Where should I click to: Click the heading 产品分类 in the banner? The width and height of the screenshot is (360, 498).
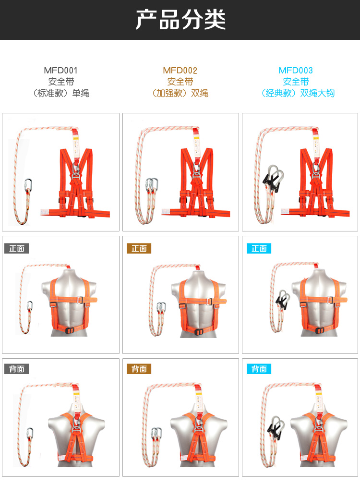pyautogui.click(x=180, y=20)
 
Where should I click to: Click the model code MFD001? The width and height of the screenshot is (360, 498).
pyautogui.click(x=60, y=70)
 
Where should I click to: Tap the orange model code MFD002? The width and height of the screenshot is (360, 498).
pyautogui.click(x=180, y=70)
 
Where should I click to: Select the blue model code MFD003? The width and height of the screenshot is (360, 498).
pyautogui.click(x=296, y=70)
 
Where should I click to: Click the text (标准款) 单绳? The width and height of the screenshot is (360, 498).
pyautogui.click(x=60, y=93)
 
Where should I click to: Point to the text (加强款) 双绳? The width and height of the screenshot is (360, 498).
pyautogui.click(x=180, y=93)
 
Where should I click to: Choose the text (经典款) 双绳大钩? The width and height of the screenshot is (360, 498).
pyautogui.click(x=298, y=93)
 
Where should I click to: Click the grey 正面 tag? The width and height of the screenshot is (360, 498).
pyautogui.click(x=16, y=248)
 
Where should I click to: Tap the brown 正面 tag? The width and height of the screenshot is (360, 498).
pyautogui.click(x=139, y=248)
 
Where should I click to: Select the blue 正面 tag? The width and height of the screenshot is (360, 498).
pyautogui.click(x=259, y=248)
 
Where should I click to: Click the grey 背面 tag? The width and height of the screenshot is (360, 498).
pyautogui.click(x=16, y=369)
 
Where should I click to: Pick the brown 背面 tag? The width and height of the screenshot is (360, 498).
pyautogui.click(x=139, y=369)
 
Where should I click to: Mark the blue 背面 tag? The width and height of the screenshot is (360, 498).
pyautogui.click(x=259, y=369)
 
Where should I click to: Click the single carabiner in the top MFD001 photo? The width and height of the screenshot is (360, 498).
pyautogui.click(x=28, y=186)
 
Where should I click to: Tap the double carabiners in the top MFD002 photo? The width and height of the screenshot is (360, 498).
pyautogui.click(x=152, y=186)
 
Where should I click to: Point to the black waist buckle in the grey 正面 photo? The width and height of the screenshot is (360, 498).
pyautogui.click(x=69, y=330)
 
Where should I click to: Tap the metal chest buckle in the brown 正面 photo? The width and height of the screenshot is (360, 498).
pyautogui.click(x=209, y=301)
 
